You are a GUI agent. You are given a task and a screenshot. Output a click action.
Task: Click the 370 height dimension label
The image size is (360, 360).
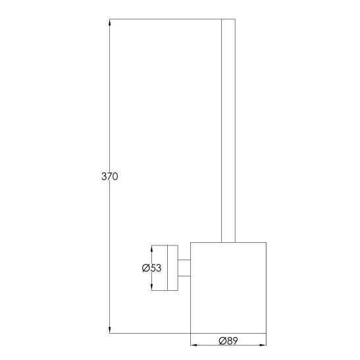(x=110, y=176)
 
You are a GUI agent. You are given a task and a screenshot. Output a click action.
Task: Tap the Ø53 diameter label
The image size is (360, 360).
(x=152, y=268)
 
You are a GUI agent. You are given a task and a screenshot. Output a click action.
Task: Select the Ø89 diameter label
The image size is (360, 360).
(x=228, y=341)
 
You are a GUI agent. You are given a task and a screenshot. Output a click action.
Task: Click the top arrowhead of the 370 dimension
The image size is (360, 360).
(x=109, y=22)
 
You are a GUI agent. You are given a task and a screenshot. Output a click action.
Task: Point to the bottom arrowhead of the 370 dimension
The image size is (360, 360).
(x=109, y=330)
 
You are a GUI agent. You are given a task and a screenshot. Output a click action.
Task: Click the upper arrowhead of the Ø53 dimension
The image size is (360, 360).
(x=152, y=249)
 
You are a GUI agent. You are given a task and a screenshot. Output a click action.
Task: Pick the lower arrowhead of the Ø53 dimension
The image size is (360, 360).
(x=152, y=287)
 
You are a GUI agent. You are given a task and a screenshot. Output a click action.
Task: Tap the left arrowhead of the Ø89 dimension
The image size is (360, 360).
(x=194, y=345)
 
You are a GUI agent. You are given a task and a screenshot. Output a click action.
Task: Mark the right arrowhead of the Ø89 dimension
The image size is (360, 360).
(x=263, y=345)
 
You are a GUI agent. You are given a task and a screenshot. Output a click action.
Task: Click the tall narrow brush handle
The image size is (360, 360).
(x=228, y=130)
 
